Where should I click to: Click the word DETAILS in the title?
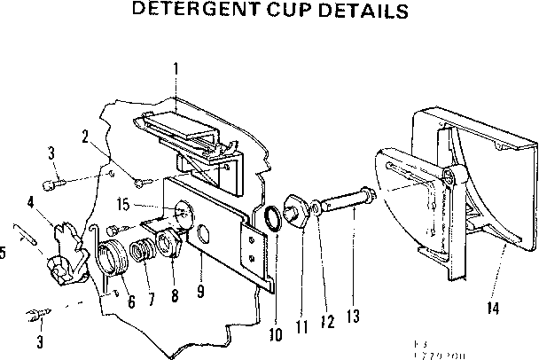pos(364,12)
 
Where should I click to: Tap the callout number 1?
pos(176,67)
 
